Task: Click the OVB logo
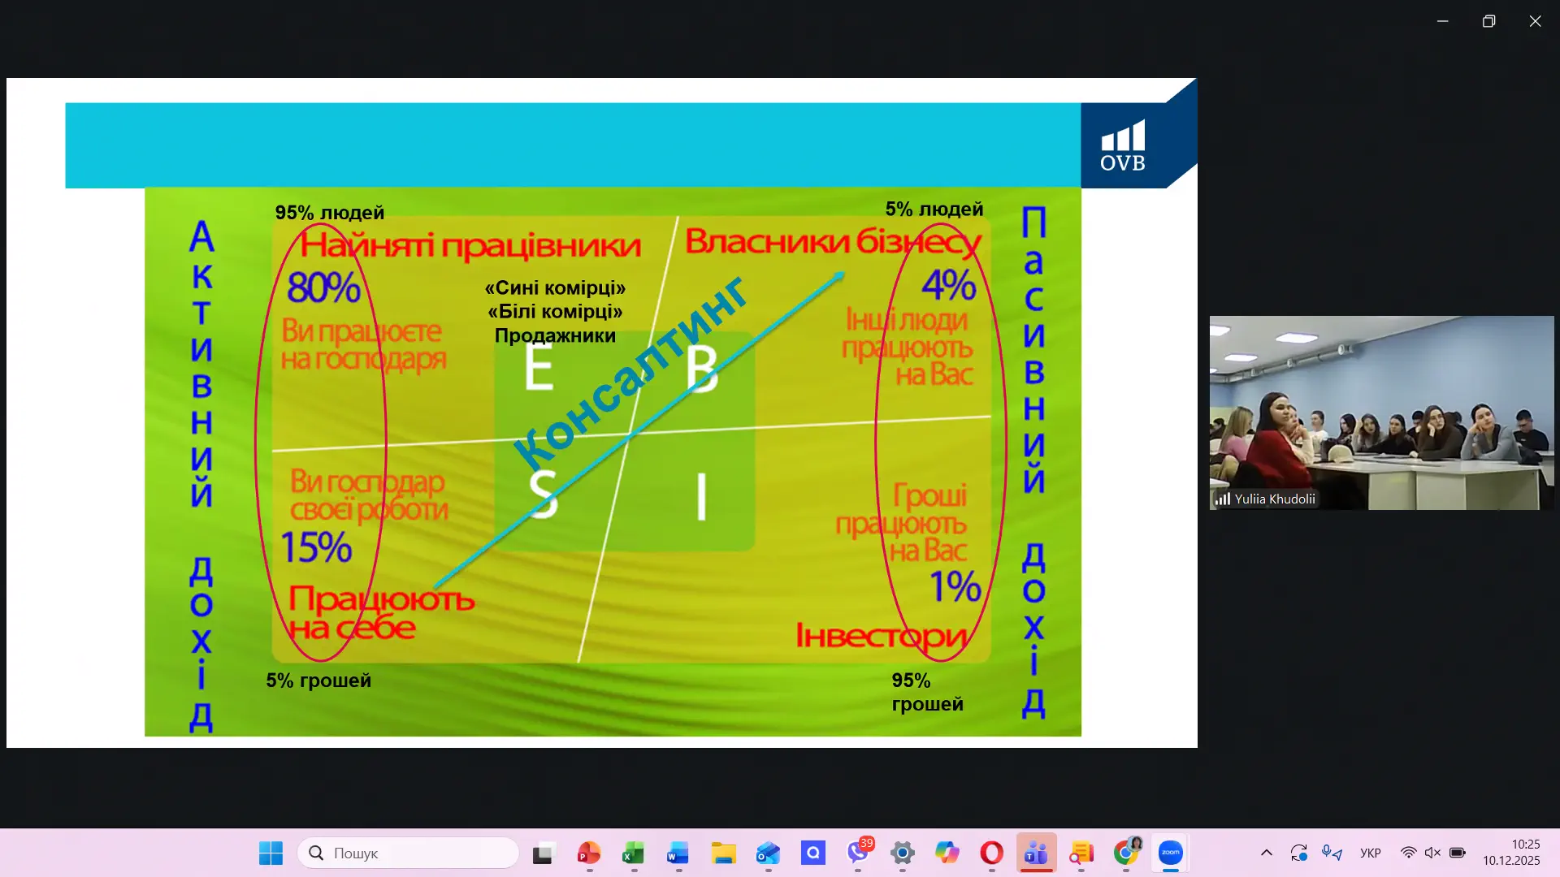[1123, 146]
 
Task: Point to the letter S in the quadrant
[544, 493]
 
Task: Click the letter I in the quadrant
[702, 496]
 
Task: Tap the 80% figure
[323, 287]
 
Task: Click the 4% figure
[949, 284]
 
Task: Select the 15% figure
[316, 547]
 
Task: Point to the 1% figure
[955, 586]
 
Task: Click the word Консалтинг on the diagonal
[630, 373]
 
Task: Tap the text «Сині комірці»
[555, 288]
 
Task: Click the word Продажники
[555, 336]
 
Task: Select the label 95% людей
[330, 213]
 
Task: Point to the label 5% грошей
[318, 680]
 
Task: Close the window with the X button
[1535, 21]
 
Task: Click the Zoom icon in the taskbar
[1170, 853]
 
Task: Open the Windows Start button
[271, 853]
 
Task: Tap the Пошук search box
[408, 853]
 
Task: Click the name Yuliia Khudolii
[1275, 499]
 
